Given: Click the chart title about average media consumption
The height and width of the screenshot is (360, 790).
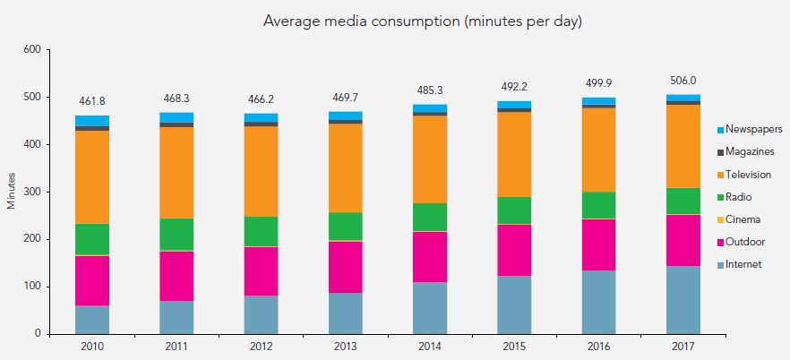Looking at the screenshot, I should click(422, 21).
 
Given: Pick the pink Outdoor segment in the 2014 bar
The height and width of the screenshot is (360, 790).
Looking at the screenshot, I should click(430, 257).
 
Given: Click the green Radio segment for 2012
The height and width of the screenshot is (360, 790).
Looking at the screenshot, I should click(261, 231).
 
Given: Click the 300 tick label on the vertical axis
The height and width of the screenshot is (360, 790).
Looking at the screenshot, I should click(33, 192).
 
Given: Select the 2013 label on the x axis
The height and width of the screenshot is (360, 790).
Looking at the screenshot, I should click(345, 345).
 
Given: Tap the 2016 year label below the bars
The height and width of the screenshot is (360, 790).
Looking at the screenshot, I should click(598, 345).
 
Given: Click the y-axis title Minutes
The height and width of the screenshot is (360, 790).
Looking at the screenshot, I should click(12, 192).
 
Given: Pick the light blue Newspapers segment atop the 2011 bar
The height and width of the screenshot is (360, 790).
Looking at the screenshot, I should click(176, 117).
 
